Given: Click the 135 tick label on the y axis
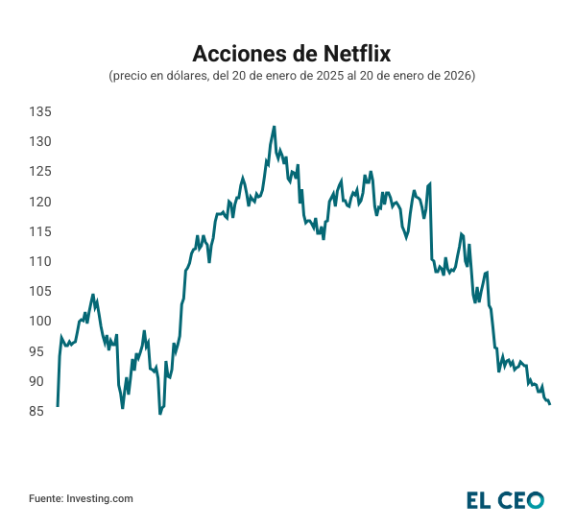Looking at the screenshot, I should [x=39, y=112].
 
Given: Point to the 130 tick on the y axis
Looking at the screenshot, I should [x=39, y=142].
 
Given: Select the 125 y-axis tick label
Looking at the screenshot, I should [x=39, y=172].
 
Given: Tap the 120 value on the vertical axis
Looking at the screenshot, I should [x=39, y=202].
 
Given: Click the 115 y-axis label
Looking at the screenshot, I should [x=39, y=231].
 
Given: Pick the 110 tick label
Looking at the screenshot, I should [x=39, y=261].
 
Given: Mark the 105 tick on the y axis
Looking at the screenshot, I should [x=39, y=291].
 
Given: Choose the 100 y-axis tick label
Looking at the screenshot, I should [x=39, y=321].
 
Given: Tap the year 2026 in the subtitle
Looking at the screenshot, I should [x=450, y=76].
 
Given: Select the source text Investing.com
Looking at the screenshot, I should [x=100, y=498].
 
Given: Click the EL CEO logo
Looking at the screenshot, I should [x=505, y=499].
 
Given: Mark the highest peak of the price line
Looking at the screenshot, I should [x=274, y=127].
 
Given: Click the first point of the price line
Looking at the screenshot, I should [x=58, y=405].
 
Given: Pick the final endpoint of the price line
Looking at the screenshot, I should [x=549, y=404].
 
